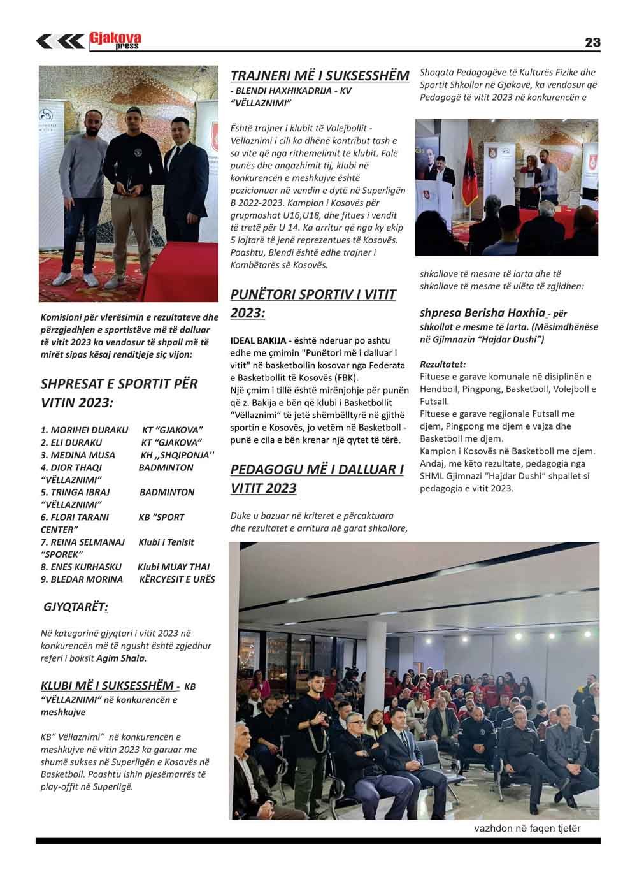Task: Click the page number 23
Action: pos(592,43)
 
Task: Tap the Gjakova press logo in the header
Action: pos(115,41)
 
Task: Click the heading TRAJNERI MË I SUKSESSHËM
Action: pos(319,76)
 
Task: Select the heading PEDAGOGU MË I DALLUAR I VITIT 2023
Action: pos(317,479)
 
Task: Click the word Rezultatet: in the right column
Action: pos(443,365)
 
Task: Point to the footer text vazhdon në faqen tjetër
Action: pos(527,829)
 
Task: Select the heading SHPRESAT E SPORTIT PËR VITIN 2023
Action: pos(118,393)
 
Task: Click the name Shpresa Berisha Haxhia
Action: pos(482,313)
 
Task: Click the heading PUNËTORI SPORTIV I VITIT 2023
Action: pos(313,303)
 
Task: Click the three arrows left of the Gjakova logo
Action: pos(60,42)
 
